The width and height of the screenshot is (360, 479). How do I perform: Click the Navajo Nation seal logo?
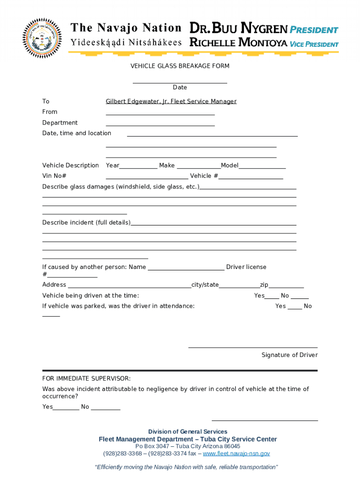42,38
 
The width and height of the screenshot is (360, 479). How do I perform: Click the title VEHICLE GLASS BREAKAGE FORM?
180,66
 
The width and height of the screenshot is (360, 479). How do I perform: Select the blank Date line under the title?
180,82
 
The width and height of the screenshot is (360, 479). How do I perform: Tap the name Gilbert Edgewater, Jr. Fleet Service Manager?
171,102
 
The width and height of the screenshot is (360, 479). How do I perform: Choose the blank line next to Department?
160,124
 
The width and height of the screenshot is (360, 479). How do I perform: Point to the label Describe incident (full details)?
86,223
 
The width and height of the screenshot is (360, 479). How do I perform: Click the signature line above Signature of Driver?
252,347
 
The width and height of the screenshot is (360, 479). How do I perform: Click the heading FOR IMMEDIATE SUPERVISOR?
86,378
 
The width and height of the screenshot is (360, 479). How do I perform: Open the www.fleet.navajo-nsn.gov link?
236,454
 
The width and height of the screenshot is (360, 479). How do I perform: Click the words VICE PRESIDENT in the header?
314,44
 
